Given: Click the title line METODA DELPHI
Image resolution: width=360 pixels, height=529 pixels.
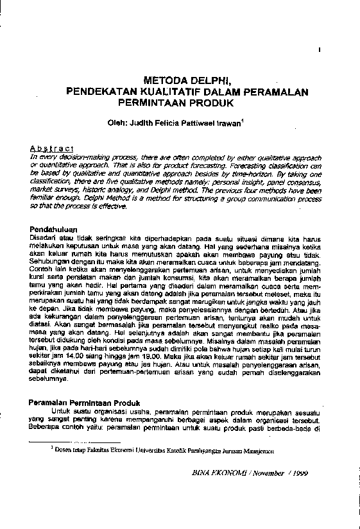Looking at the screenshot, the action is tap(187, 81).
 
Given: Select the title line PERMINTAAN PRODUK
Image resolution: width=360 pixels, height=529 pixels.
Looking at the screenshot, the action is tap(187, 103).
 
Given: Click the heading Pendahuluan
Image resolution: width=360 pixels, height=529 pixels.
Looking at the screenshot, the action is tap(54, 229).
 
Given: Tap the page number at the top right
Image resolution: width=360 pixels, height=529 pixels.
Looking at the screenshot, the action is tap(319, 49).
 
